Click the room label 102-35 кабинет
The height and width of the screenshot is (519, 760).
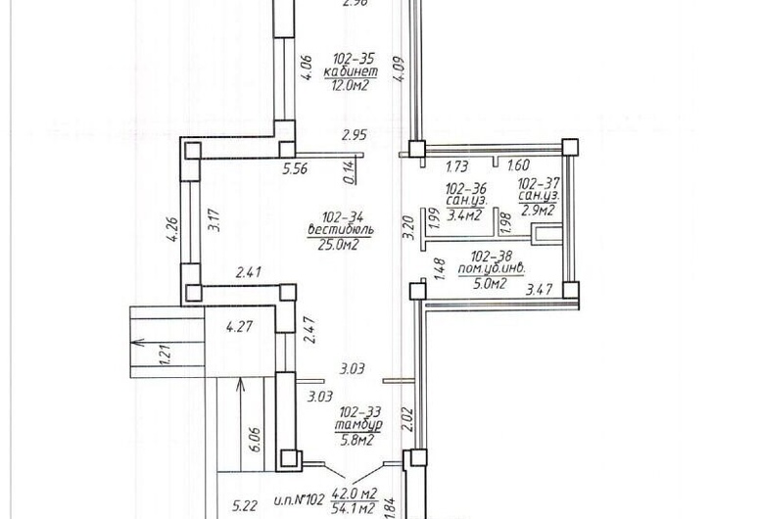tap(351, 66)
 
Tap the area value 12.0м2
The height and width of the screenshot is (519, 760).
tap(351, 86)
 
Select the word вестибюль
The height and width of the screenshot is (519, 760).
tap(340, 229)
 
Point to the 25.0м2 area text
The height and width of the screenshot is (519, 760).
tap(338, 244)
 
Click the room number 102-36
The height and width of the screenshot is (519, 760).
tap(466, 188)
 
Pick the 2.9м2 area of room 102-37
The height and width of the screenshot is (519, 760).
tap(538, 210)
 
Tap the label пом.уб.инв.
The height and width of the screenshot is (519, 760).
tap(492, 268)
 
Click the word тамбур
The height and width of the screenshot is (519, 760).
tap(359, 425)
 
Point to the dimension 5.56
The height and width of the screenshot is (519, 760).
tap(296, 169)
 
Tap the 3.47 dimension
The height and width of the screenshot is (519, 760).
tap(539, 290)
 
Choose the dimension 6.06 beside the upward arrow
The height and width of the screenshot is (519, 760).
tap(254, 439)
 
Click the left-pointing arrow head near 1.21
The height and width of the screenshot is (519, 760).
tap(138, 343)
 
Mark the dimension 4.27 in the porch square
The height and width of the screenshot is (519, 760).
tap(239, 326)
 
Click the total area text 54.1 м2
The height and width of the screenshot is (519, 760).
tap(354, 509)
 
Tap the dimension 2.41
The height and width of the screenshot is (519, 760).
tap(249, 272)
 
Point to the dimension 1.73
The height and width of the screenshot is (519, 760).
tap(456, 166)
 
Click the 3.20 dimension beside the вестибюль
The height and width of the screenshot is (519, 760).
tap(409, 227)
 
